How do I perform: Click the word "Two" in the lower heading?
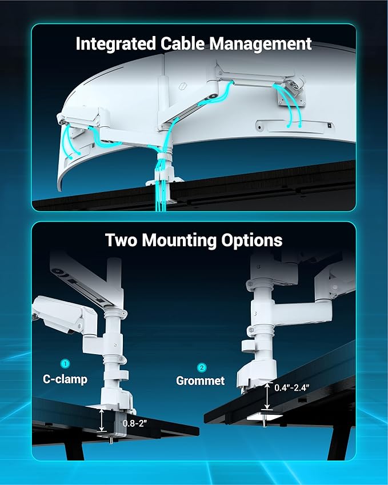click(x=121, y=240)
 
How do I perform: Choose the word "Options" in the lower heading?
click(x=250, y=240)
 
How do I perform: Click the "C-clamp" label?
click(x=65, y=378)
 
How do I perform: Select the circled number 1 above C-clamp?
click(x=65, y=363)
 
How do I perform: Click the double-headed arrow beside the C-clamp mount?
click(x=102, y=420)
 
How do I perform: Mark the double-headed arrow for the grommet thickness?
click(x=267, y=395)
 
